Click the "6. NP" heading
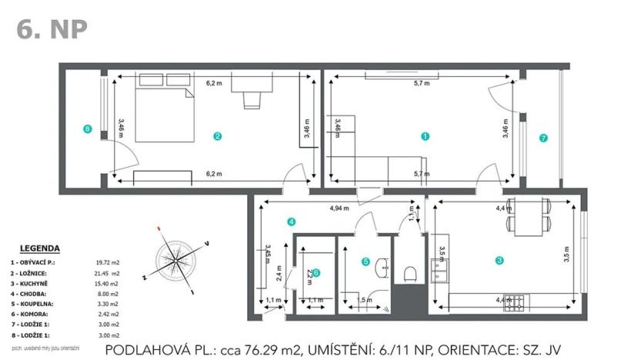(52, 29)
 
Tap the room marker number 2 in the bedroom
(218, 136)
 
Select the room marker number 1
(425, 136)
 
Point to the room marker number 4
(291, 222)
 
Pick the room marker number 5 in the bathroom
(366, 261)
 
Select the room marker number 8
(87, 129)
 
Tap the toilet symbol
(411, 271)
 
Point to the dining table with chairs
(529, 217)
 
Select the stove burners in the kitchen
(514, 303)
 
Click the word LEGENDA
(39, 248)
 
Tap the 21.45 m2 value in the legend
(109, 273)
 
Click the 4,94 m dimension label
(339, 208)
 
